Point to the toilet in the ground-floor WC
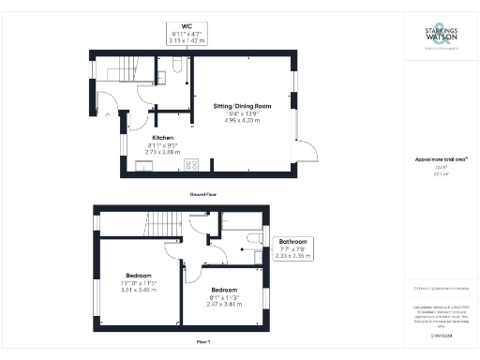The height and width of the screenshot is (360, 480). (178, 67)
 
